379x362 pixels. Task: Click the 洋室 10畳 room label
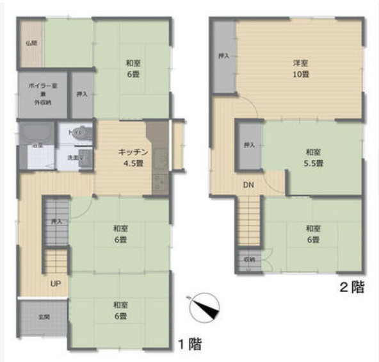(x=300, y=67)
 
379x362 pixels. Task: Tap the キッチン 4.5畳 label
(x=133, y=156)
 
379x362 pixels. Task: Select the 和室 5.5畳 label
(x=313, y=157)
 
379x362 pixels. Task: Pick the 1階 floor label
(x=189, y=344)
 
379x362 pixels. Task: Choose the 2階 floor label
(x=352, y=288)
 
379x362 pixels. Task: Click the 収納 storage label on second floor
(x=249, y=259)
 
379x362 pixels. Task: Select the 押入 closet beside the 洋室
(x=224, y=56)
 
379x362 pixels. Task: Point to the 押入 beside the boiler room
(x=82, y=95)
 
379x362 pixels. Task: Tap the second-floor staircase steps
(x=249, y=221)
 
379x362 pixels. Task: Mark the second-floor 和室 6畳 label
(x=312, y=233)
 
